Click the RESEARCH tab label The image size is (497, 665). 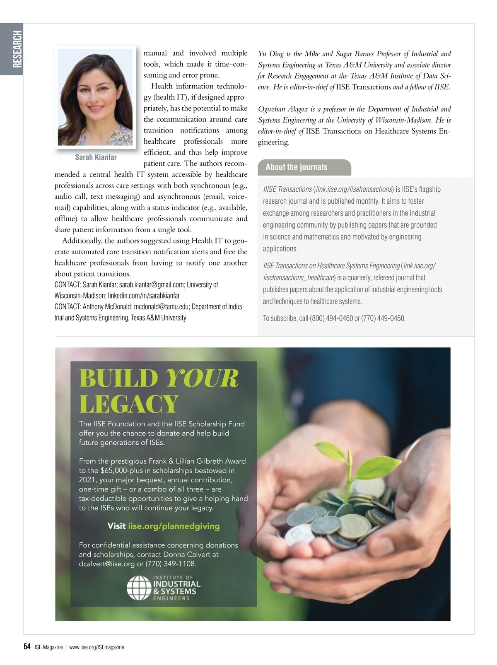(17, 49)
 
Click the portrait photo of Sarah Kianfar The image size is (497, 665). (95, 97)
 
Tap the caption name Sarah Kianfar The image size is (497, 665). (96, 157)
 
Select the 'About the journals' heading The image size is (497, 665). (297, 167)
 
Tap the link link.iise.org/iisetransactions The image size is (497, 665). (354, 189)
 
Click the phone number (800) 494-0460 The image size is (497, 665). (331, 318)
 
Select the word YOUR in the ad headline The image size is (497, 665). (202, 378)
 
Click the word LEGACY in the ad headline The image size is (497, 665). (129, 404)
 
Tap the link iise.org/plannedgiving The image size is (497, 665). (174, 526)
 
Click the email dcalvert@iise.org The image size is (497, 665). (107, 564)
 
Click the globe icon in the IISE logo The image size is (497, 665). (139, 588)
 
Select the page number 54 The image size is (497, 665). (27, 647)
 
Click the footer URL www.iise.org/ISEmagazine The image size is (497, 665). (97, 647)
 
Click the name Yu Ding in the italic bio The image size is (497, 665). (271, 54)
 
